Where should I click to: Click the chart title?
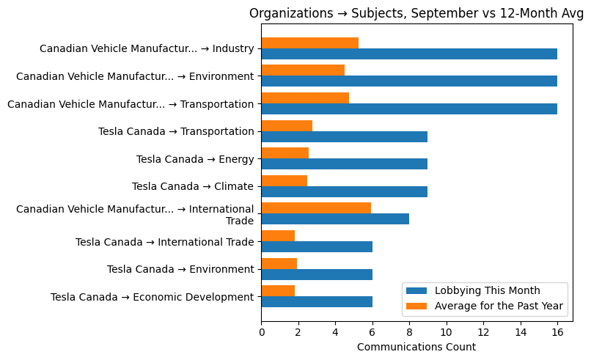(x=416, y=13)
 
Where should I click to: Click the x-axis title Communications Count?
(x=416, y=347)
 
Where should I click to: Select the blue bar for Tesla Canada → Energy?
(x=344, y=164)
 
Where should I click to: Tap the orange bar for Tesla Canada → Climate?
(x=285, y=180)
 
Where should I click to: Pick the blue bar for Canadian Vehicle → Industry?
(x=409, y=54)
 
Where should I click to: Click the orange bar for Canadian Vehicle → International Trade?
(x=316, y=208)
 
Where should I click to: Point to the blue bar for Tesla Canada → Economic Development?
(x=317, y=301)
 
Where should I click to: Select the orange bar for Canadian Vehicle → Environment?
(x=303, y=70)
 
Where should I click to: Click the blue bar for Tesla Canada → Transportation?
(x=344, y=136)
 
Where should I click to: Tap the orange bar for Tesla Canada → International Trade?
(x=278, y=235)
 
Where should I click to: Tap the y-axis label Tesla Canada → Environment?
(x=180, y=269)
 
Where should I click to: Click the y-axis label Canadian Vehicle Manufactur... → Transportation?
(x=131, y=104)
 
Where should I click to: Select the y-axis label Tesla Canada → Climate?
(x=193, y=186)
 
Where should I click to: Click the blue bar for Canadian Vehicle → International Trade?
(x=335, y=218)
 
